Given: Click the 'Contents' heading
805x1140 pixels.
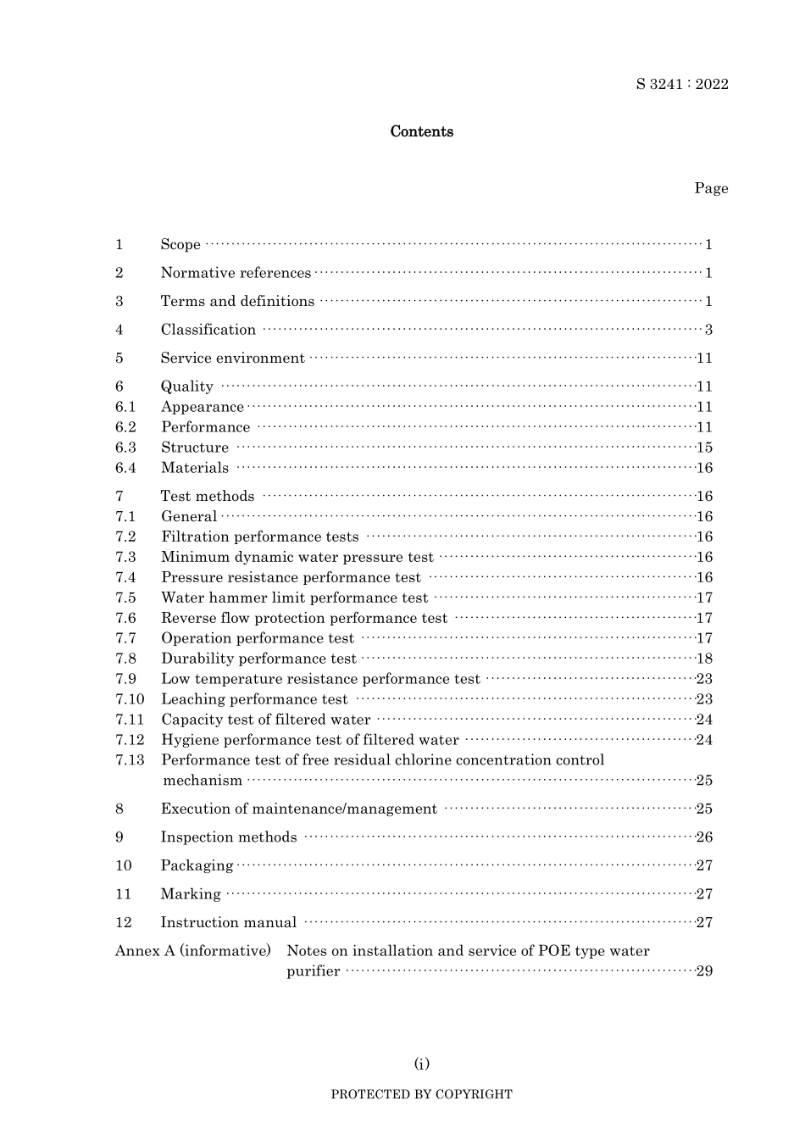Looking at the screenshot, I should [421, 131].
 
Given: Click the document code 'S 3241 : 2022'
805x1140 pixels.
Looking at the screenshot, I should [681, 84].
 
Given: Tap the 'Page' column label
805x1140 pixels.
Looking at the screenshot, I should [710, 188].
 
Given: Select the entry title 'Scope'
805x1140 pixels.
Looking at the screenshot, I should [180, 245].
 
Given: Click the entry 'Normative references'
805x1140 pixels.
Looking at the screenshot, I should [236, 273].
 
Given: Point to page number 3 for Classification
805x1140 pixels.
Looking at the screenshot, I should [708, 330].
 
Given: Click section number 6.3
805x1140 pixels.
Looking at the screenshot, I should [125, 448].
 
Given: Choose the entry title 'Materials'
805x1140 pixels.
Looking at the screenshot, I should [195, 468].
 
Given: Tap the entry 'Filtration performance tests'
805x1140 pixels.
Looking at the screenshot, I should [259, 537].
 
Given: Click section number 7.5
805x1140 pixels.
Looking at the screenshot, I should [125, 598].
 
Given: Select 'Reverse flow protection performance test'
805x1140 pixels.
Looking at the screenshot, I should [303, 618].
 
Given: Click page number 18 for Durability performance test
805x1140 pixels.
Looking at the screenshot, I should [704, 659].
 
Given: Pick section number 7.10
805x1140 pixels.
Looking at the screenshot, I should [130, 699].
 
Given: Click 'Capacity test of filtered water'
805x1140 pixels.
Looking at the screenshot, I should [265, 720].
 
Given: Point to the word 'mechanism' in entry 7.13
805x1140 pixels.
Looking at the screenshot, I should [202, 781].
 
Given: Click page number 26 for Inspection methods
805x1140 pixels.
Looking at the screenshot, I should [704, 837].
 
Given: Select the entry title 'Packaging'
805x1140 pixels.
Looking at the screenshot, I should [197, 865].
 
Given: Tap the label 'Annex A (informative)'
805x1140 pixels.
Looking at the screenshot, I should [192, 951].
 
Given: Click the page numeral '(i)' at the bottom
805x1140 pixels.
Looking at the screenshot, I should [421, 1064].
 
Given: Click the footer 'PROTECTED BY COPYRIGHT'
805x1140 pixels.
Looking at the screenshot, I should [421, 1094].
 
